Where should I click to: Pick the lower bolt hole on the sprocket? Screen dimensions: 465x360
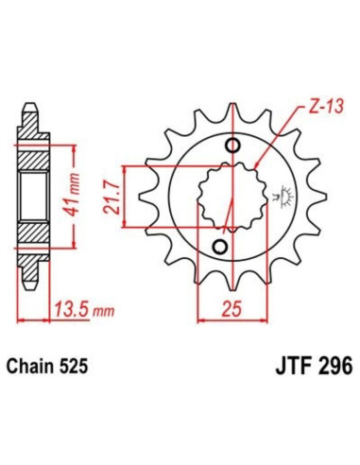point(219,247)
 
